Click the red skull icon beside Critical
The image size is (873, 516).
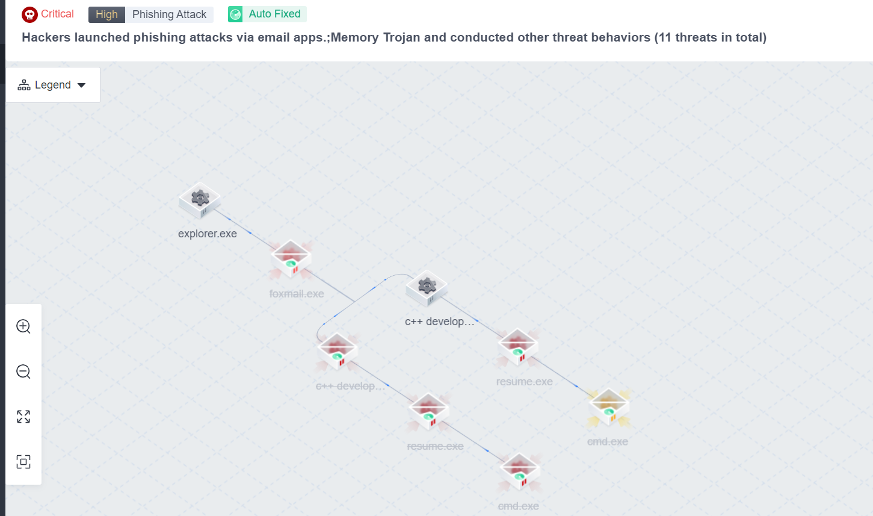pyautogui.click(x=29, y=14)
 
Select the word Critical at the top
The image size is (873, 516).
pyautogui.click(x=57, y=14)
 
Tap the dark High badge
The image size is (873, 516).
pyautogui.click(x=106, y=14)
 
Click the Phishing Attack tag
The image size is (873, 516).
pyautogui.click(x=169, y=14)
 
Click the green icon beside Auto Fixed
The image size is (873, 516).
pyautogui.click(x=235, y=14)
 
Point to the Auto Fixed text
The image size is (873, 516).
pyautogui.click(x=274, y=14)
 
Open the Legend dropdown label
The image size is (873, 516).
pyautogui.click(x=53, y=85)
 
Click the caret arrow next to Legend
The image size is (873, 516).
pyautogui.click(x=82, y=85)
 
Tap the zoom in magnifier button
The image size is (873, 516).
pyautogui.click(x=23, y=326)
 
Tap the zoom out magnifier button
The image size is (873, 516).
pyautogui.click(x=23, y=371)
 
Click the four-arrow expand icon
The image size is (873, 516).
pyautogui.click(x=23, y=417)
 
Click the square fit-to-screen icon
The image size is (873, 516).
pyautogui.click(x=23, y=462)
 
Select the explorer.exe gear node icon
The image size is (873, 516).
pyautogui.click(x=200, y=199)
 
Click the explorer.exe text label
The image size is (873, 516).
pyautogui.click(x=208, y=234)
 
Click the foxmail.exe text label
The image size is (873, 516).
pyautogui.click(x=297, y=294)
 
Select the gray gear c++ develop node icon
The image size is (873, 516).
pyautogui.click(x=427, y=287)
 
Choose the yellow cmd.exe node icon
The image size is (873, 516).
pyautogui.click(x=609, y=407)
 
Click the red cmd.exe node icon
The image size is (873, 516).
pyautogui.click(x=519, y=471)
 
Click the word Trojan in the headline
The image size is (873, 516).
pyautogui.click(x=401, y=37)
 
